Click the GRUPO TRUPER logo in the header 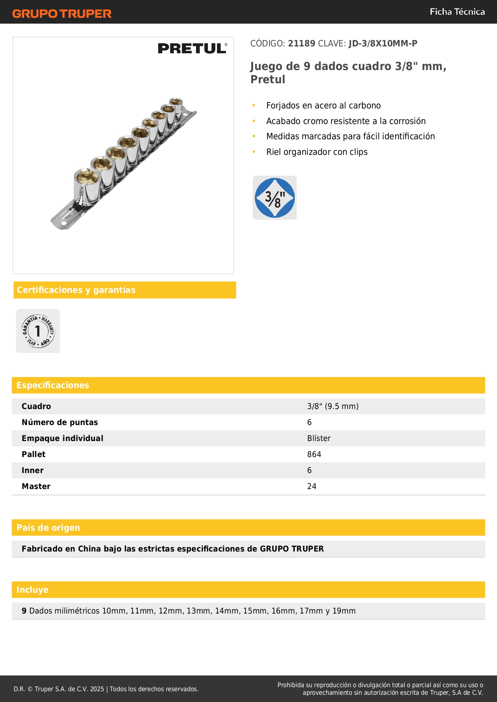pos(62,14)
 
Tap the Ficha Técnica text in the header pos(457,12)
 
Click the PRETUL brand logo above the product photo pos(192,48)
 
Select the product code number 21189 pos(302,44)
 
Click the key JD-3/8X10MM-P pos(383,44)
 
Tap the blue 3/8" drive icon pos(275,198)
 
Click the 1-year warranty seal pos(38,331)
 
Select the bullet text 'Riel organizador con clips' pos(317,152)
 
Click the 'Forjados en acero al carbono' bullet pos(323,106)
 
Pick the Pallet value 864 pos(314,454)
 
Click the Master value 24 pos(312,486)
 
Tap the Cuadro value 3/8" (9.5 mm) pos(333,406)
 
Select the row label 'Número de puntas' pos(60,422)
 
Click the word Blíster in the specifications pos(319,438)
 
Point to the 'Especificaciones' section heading pos(53,385)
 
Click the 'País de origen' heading pos(48,528)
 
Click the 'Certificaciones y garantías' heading pos(76,290)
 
